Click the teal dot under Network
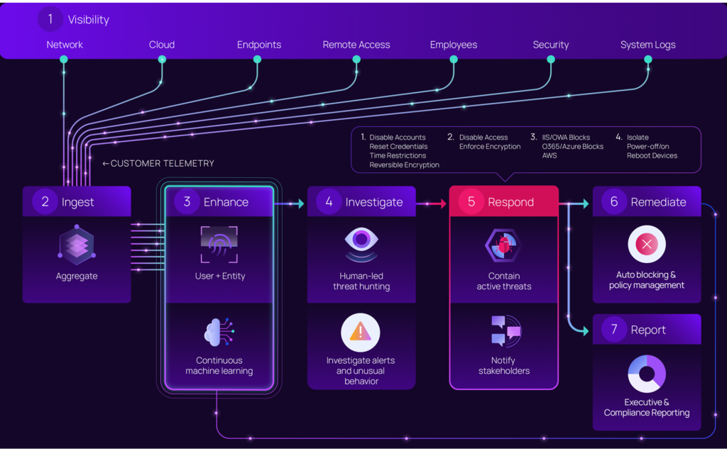pyautogui.click(x=64, y=60)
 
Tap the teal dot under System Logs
pyautogui.click(x=648, y=60)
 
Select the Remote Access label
pyautogui.click(x=356, y=45)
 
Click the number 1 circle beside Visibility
pyautogui.click(x=50, y=19)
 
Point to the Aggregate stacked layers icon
pyautogui.click(x=77, y=245)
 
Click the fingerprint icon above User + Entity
pyautogui.click(x=219, y=244)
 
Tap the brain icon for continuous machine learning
pyautogui.click(x=219, y=332)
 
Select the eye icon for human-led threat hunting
pyautogui.click(x=361, y=245)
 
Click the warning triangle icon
pyautogui.click(x=360, y=333)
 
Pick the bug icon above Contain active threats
pyautogui.click(x=503, y=245)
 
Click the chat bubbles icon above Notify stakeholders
pyautogui.click(x=505, y=330)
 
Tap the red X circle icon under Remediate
pyautogui.click(x=647, y=244)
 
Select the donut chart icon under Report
pyautogui.click(x=647, y=374)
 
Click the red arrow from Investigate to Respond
pyautogui.click(x=431, y=204)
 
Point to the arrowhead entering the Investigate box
pyautogui.click(x=301, y=204)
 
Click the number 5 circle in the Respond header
pyautogui.click(x=471, y=201)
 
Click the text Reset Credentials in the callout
pyautogui.click(x=398, y=146)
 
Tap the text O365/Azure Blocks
pyautogui.click(x=573, y=146)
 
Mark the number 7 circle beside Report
pyautogui.click(x=614, y=329)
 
